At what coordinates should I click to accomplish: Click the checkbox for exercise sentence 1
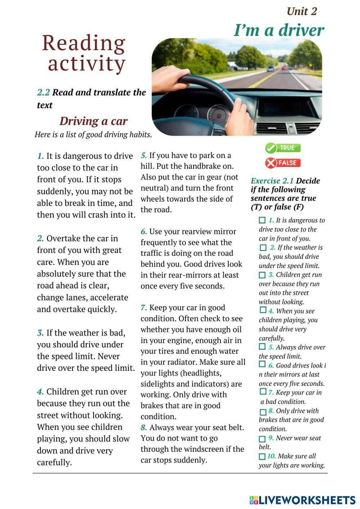tap(262, 220)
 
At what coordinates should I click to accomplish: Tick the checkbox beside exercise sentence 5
tap(262, 347)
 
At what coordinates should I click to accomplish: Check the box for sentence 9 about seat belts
tap(262, 439)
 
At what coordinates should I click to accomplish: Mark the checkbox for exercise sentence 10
tap(262, 456)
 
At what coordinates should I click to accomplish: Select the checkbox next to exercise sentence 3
tap(262, 275)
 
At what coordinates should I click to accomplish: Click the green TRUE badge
tap(283, 148)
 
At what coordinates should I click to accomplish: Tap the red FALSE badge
tap(283, 163)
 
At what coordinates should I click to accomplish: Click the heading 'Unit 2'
tap(302, 12)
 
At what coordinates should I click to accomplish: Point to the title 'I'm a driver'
tap(279, 30)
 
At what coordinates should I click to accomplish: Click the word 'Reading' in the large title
tap(84, 43)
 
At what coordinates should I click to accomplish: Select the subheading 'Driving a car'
tap(93, 121)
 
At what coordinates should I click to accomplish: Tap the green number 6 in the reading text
tap(144, 231)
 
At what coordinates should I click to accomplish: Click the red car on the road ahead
tap(284, 67)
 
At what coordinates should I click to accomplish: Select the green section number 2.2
tap(44, 93)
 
